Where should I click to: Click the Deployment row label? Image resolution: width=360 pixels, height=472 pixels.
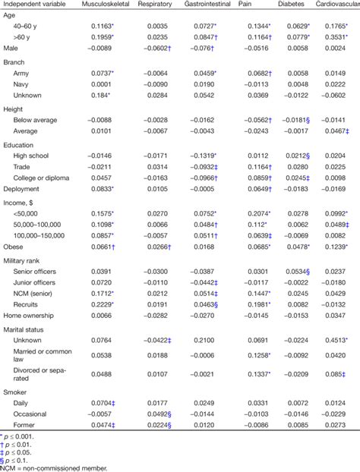(x=24, y=188)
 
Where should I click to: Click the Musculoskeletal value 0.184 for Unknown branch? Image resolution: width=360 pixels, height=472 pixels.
(x=99, y=105)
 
